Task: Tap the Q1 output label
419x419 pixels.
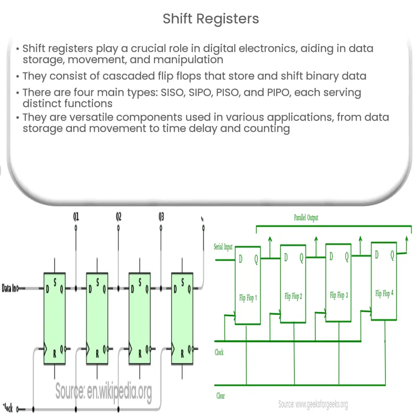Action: (x=76, y=217)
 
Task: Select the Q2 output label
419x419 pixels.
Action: (x=119, y=217)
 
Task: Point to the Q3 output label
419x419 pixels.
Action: (x=161, y=217)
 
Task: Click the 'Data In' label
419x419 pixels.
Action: (x=10, y=288)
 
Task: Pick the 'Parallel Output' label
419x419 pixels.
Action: (x=307, y=218)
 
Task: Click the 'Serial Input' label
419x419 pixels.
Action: (x=223, y=247)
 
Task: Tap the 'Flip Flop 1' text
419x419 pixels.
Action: (x=248, y=298)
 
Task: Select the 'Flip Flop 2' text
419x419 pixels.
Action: (x=293, y=297)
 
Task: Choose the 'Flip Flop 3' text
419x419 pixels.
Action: (x=339, y=295)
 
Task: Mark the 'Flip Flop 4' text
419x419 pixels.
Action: (x=385, y=294)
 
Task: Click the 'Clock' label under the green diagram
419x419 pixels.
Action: (x=219, y=353)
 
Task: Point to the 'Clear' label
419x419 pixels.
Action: (x=220, y=395)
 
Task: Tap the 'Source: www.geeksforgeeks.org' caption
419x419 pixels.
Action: (x=313, y=404)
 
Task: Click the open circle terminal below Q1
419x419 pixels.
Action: (x=76, y=228)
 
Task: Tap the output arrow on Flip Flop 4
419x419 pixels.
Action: (x=406, y=241)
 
